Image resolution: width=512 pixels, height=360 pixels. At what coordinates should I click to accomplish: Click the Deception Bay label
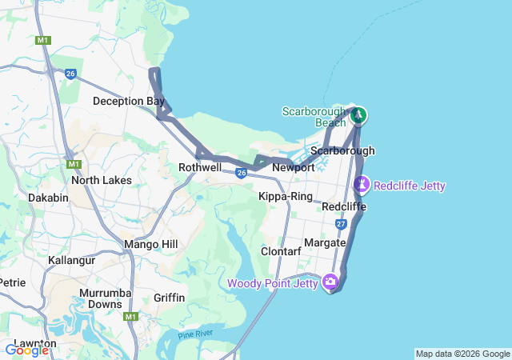129,101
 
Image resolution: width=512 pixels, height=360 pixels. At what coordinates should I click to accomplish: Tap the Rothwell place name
199,167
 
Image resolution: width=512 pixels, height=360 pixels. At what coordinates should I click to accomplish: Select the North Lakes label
101,180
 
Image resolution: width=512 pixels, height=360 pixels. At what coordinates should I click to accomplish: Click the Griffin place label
169,298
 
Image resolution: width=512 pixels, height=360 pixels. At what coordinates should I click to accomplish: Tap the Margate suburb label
325,242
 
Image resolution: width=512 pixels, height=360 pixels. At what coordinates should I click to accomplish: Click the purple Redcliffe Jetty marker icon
362,185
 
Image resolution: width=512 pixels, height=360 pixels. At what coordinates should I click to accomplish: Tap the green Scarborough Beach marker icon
359,115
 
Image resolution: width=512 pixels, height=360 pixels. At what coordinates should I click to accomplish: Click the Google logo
26,350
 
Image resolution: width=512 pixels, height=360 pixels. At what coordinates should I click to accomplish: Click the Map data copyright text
462,354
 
